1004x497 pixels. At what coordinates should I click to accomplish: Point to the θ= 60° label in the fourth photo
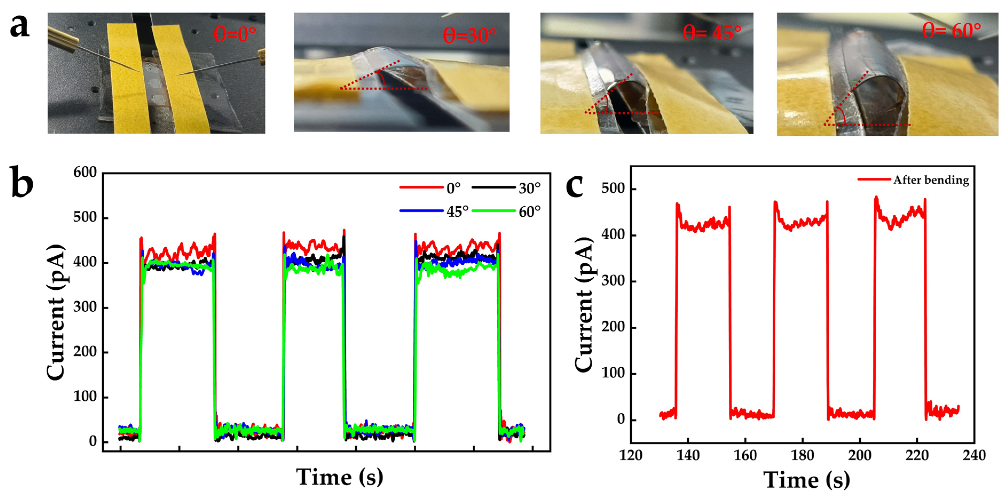pyautogui.click(x=951, y=30)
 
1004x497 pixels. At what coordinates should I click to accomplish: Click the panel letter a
pyautogui.click(x=19, y=26)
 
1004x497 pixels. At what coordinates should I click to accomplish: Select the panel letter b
pyautogui.click(x=21, y=182)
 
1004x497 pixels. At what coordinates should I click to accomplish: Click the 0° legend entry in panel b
pyautogui.click(x=453, y=188)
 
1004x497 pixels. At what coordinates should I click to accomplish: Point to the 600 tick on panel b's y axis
pyautogui.click(x=85, y=172)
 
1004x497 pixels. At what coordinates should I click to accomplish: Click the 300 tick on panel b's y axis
pyautogui.click(x=85, y=307)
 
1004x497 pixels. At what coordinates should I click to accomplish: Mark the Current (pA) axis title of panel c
pyautogui.click(x=584, y=304)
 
